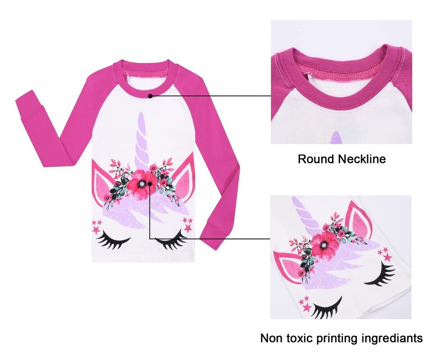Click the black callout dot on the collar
pyautogui.click(x=150, y=95)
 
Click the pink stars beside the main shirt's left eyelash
pyautogui.click(x=96, y=226)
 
